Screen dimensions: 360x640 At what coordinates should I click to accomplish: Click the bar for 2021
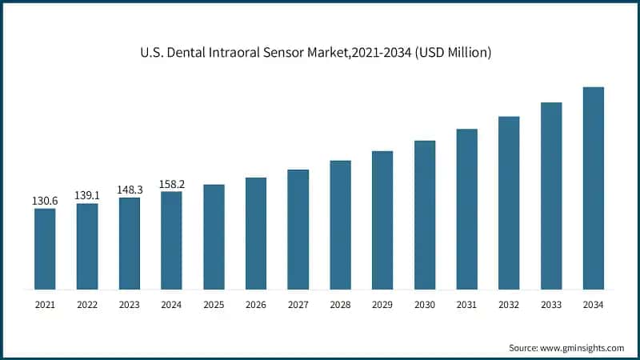45,248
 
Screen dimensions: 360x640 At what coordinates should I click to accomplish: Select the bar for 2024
171,240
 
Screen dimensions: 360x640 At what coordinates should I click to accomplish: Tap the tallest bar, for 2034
593,188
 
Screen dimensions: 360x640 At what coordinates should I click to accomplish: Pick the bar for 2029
382,220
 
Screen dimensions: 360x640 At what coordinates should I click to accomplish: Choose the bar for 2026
256,233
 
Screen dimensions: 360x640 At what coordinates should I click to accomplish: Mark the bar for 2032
509,202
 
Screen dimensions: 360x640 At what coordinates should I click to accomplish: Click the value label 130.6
45,200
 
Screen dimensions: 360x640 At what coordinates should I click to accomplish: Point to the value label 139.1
87,195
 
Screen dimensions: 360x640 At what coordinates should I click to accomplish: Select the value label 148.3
130,190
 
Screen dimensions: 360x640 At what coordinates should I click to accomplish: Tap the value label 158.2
171,183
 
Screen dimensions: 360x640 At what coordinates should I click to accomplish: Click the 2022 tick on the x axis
87,305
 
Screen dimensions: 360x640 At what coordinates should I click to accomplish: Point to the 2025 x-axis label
214,305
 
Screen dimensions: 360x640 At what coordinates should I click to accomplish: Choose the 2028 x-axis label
340,305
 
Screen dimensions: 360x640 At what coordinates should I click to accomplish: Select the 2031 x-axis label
466,305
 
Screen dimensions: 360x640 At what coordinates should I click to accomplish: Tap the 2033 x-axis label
551,305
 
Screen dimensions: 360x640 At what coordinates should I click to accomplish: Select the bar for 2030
425,214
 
